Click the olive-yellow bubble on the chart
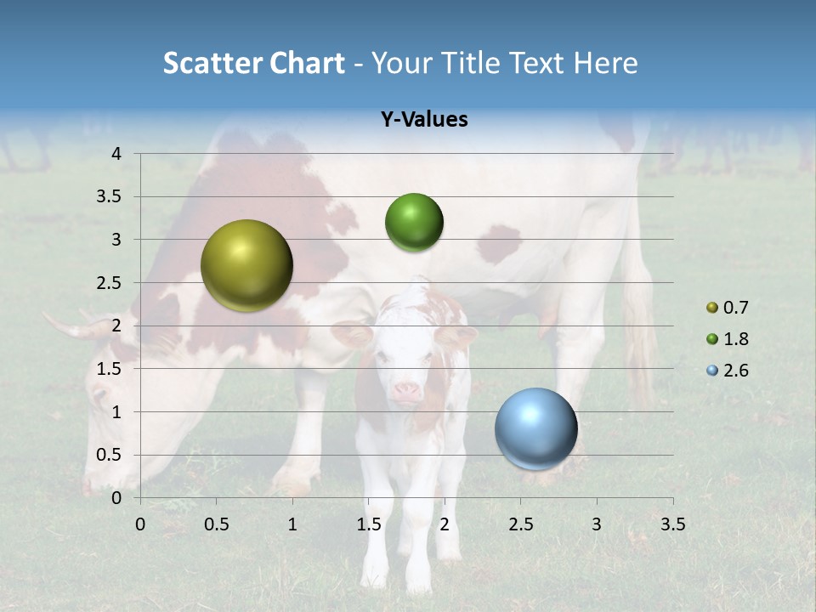pyautogui.click(x=246, y=265)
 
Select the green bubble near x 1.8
pyautogui.click(x=414, y=223)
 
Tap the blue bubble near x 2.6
pyautogui.click(x=536, y=428)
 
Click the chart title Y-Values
pyautogui.click(x=423, y=120)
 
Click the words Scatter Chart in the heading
pyautogui.click(x=253, y=63)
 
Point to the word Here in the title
pyautogui.click(x=605, y=63)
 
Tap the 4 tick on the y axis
pyautogui.click(x=116, y=154)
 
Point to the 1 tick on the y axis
pyautogui.click(x=116, y=412)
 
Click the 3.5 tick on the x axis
pyautogui.click(x=672, y=524)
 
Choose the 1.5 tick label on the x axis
pyautogui.click(x=368, y=524)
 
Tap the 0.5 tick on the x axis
pyautogui.click(x=216, y=524)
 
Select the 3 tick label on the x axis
pyautogui.click(x=596, y=524)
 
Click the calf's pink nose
pyautogui.click(x=406, y=392)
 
